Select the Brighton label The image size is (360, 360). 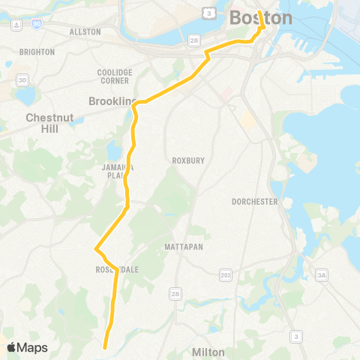tap(40, 52)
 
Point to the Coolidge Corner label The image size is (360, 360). tap(115, 76)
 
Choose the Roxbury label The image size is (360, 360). tap(183, 160)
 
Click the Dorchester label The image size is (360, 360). tap(255, 202)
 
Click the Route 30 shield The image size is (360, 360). tap(22, 80)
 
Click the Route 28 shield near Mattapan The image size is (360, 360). tap(175, 292)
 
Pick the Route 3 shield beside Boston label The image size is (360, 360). tap(209, 13)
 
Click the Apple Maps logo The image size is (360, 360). tap(27, 348)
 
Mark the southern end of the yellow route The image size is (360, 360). tap(104, 347)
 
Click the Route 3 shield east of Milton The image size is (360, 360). tap(297, 336)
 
